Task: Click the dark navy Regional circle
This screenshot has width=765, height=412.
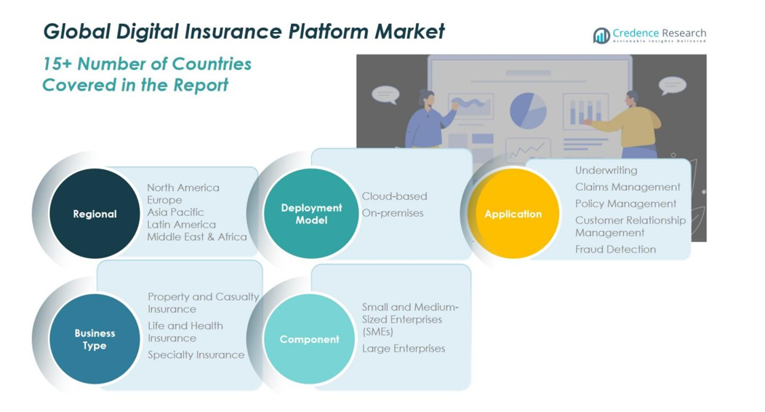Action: (95, 214)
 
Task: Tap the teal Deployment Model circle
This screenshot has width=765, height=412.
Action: (311, 214)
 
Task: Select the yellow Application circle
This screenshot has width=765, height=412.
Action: (513, 214)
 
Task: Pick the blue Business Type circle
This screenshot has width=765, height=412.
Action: (95, 339)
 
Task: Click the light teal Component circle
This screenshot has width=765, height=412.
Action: (309, 339)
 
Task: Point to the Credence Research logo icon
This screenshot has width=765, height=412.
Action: (601, 36)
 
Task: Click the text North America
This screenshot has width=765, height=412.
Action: (183, 187)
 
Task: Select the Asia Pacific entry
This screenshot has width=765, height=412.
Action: (175, 212)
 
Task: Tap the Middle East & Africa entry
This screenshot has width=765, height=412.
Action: (196, 237)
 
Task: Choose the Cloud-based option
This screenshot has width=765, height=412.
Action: (394, 196)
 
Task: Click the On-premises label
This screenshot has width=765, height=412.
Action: (392, 213)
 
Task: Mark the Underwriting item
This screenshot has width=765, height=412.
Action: (606, 170)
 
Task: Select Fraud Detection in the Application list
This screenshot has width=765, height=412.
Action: (615, 249)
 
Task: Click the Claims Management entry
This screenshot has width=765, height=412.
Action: (628, 187)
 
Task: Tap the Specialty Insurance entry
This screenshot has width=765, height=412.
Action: (196, 355)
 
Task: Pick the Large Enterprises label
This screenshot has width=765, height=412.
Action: (404, 348)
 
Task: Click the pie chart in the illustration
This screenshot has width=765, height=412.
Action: (528, 111)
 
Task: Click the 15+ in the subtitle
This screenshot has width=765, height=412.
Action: (57, 64)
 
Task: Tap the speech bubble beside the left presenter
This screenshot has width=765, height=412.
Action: (385, 94)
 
